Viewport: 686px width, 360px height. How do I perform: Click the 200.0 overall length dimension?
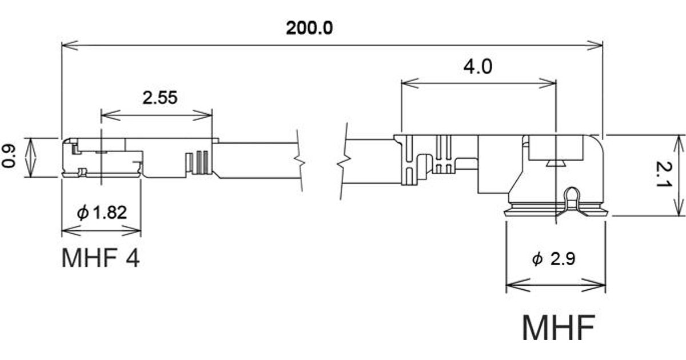coord(309,28)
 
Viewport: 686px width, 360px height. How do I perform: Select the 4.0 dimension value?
coord(478,67)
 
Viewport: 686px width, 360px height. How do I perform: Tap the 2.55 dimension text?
coord(160,98)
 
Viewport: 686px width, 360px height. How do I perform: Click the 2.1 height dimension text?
coord(664,174)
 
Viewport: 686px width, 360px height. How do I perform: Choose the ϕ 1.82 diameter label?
coord(102,213)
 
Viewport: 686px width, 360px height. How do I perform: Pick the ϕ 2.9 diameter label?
coord(554,259)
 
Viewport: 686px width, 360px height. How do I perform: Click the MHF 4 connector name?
coord(101,258)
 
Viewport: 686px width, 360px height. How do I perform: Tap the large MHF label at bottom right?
coord(559,327)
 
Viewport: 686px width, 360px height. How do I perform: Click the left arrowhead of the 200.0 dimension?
coord(69,46)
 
